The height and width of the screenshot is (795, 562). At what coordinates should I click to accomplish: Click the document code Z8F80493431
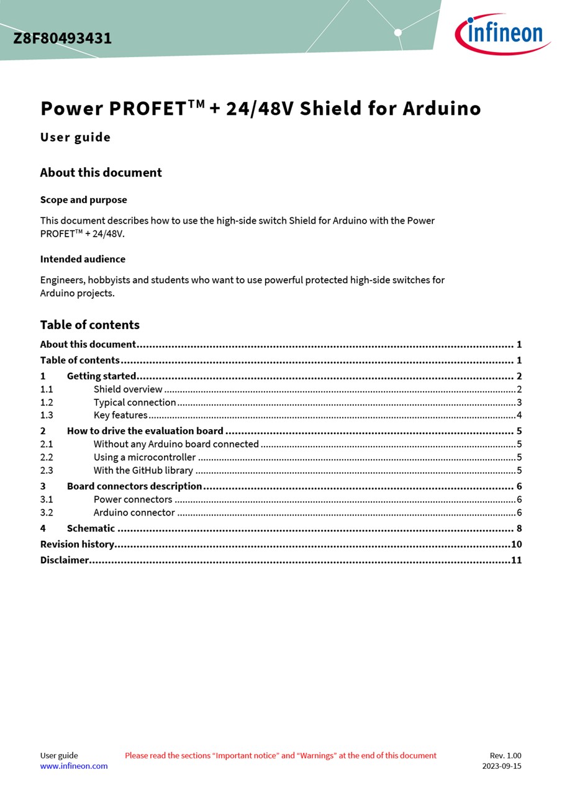63,39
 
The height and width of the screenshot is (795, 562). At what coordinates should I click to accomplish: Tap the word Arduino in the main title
442,109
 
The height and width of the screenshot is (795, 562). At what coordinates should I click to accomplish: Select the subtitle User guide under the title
75,137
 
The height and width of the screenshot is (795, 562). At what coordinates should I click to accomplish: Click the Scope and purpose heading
83,200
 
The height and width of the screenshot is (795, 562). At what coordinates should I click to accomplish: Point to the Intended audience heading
83,259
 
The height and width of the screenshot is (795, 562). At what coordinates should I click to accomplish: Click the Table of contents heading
89,325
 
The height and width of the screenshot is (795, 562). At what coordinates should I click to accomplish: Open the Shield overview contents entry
128,389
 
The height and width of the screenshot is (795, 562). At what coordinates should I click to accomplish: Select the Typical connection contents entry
135,402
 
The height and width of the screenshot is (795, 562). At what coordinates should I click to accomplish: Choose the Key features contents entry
120,416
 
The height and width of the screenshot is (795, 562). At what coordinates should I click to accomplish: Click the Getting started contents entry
101,376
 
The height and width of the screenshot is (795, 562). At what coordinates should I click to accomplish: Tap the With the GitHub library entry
143,471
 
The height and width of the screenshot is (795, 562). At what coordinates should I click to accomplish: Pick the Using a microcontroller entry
144,458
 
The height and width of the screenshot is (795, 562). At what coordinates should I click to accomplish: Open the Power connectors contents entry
133,499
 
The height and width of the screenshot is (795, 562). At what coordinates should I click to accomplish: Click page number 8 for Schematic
519,529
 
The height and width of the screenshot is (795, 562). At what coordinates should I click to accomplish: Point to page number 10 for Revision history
516,545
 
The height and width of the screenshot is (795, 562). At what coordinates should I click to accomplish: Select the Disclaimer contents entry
65,560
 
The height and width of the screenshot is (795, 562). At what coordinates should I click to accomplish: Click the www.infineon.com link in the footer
74,766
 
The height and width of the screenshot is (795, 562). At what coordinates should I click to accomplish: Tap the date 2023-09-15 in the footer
502,766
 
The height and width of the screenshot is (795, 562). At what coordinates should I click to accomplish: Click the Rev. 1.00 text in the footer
505,756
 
